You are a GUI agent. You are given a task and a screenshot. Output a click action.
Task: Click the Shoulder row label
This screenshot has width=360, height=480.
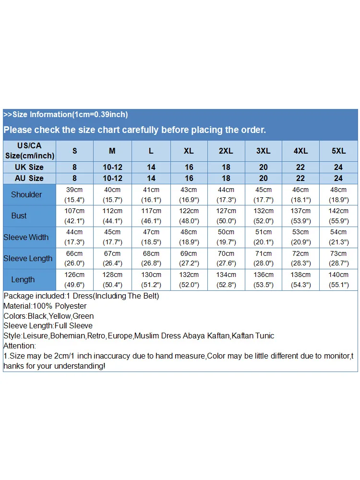pyautogui.click(x=26, y=194)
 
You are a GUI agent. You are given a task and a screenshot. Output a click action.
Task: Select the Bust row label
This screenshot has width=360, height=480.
pyautogui.click(x=19, y=216)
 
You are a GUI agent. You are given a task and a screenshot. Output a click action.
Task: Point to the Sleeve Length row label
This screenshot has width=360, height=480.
pyautogui.click(x=28, y=258)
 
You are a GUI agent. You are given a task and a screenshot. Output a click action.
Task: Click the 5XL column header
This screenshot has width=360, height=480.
pyautogui.click(x=338, y=151)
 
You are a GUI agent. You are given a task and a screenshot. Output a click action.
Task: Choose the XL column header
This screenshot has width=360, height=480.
pyautogui.click(x=189, y=151)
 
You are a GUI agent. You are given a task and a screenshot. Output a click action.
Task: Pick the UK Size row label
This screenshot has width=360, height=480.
pyautogui.click(x=29, y=167)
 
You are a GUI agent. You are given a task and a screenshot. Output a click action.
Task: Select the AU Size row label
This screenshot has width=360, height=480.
pyautogui.click(x=29, y=178)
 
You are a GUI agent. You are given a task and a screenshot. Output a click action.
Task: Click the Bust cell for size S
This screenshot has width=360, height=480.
pyautogui.click(x=74, y=216)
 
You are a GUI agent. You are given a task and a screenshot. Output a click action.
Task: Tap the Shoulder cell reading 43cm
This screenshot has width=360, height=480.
pyautogui.click(x=189, y=194)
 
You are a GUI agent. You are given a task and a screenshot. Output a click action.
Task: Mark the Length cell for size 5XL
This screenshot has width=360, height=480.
pyautogui.click(x=338, y=279)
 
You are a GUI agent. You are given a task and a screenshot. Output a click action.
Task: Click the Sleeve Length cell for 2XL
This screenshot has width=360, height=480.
pyautogui.click(x=226, y=258)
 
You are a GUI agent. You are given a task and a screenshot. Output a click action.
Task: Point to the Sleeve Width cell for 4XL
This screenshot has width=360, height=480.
pyautogui.click(x=300, y=237)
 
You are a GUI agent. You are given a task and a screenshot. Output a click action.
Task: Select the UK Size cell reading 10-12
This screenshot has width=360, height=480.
pyautogui.click(x=112, y=167)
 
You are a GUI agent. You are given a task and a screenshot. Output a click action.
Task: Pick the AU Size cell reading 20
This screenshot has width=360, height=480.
pyautogui.click(x=263, y=178)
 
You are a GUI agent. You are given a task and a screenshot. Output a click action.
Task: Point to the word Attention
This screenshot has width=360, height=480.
pyautogui.click(x=20, y=346)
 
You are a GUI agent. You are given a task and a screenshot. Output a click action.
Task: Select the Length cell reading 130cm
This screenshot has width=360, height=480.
pyautogui.click(x=151, y=279)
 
